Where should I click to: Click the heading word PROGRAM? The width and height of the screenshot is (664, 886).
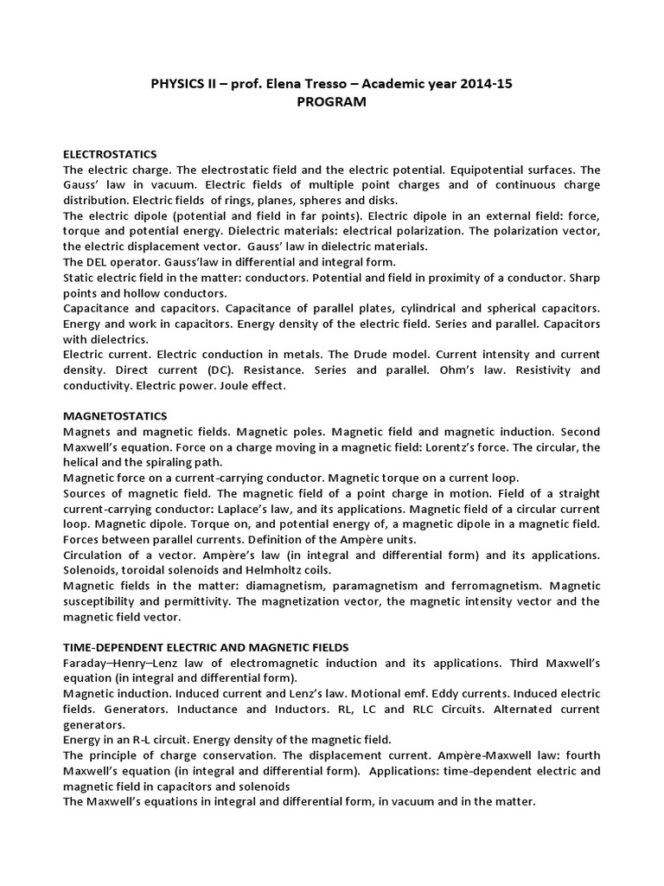point(332,102)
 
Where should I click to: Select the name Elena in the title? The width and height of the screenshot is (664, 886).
point(267,83)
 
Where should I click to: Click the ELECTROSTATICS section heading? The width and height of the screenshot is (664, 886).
point(110,153)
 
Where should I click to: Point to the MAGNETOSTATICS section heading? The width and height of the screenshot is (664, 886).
point(116,416)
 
